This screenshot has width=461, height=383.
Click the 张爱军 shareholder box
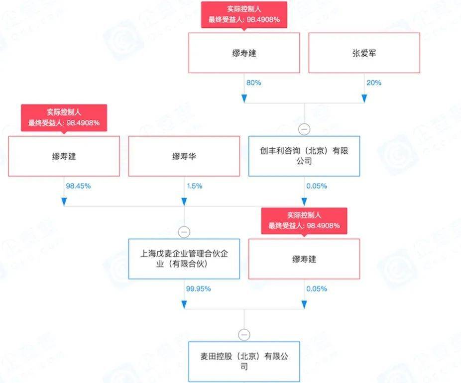coord(369,53)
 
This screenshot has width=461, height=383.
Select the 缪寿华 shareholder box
coord(184,156)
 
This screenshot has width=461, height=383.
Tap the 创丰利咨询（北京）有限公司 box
coord(304,156)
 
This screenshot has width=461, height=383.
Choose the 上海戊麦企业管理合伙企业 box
coord(184,259)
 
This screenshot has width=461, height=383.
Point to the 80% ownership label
coord(253,83)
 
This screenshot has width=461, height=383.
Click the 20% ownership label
coord(374,83)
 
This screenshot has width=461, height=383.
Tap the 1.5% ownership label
coord(194,186)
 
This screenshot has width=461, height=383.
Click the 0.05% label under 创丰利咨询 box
coord(317,186)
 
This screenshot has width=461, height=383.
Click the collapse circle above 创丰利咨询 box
coord(304,129)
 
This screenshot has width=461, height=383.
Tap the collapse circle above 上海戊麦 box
coord(184,232)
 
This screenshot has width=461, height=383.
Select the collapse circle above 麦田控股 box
coord(244,334)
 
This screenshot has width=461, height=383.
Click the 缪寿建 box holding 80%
coord(244,53)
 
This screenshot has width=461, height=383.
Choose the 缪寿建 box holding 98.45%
coord(64,156)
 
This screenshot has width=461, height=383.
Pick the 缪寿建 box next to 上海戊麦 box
coord(304,259)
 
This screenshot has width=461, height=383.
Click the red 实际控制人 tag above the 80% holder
coord(244,15)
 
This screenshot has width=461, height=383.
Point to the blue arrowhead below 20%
coord(364,98)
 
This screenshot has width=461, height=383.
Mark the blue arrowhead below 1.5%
coord(184,201)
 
